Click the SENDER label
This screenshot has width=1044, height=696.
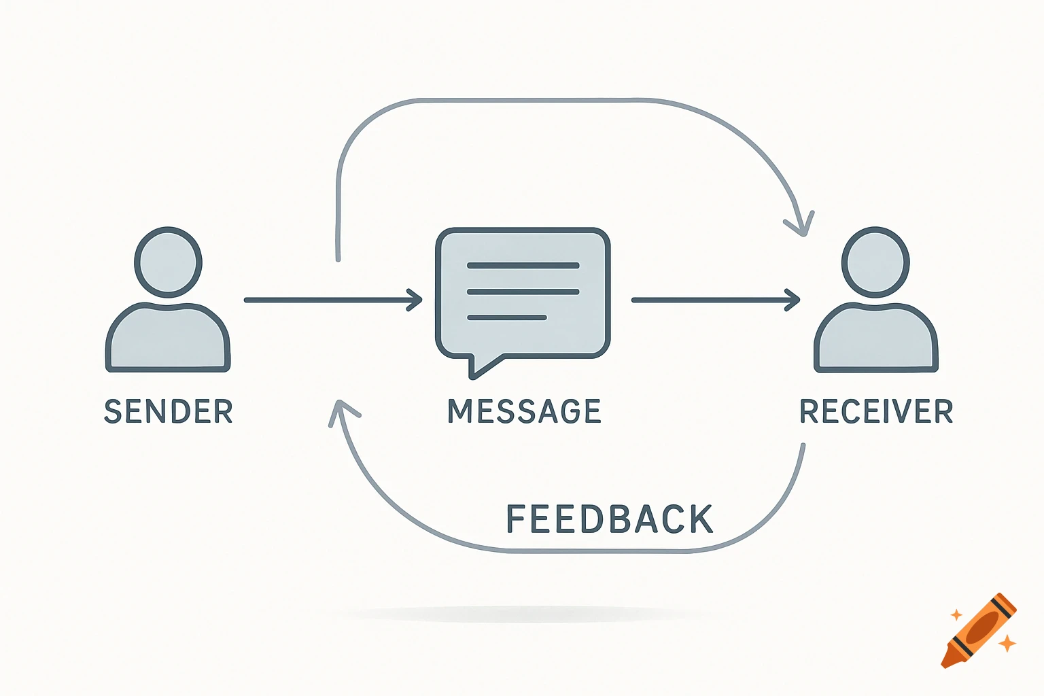point(169,411)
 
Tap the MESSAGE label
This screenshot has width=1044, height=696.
point(524,411)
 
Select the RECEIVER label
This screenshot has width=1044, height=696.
point(876,411)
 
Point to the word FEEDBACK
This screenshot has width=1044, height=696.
point(610,519)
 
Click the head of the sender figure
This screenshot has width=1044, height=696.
point(168,262)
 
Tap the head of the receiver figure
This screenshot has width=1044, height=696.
point(875,262)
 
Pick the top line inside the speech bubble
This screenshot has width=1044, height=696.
point(523,266)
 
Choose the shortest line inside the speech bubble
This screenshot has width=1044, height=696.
point(507,317)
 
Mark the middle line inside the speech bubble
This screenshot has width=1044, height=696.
point(523,292)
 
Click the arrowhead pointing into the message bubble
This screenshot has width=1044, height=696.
point(415,300)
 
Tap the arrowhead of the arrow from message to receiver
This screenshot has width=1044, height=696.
point(793,300)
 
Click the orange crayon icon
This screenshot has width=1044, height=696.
point(979,631)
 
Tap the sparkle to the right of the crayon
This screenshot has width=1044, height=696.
point(1007,642)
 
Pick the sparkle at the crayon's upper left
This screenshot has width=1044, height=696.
point(956,615)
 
